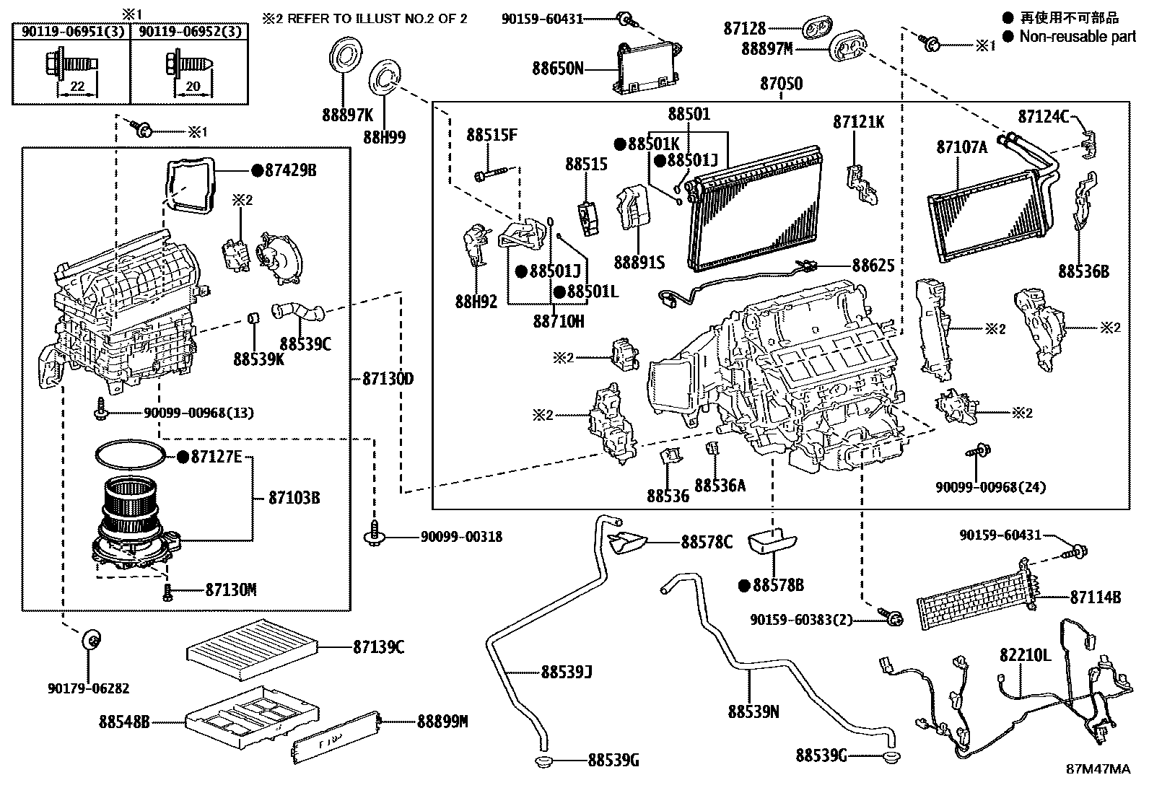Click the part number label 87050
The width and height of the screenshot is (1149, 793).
pyautogui.click(x=780, y=84)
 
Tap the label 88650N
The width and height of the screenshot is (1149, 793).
pyautogui.click(x=557, y=69)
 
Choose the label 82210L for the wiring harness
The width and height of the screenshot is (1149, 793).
pyautogui.click(x=1025, y=655)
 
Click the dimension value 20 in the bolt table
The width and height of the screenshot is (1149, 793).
pyautogui.click(x=193, y=87)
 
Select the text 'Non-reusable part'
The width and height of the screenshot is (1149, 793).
pyautogui.click(x=1077, y=36)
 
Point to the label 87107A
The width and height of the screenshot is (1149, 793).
pyautogui.click(x=961, y=147)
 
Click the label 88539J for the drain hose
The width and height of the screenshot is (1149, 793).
pyautogui.click(x=567, y=672)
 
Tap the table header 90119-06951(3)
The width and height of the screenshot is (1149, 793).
pyautogui.click(x=71, y=31)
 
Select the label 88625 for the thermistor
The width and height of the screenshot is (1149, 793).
pyautogui.click(x=873, y=266)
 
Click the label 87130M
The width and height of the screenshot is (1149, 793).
pyautogui.click(x=230, y=590)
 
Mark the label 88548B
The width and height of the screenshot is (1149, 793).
pyautogui.click(x=125, y=721)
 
